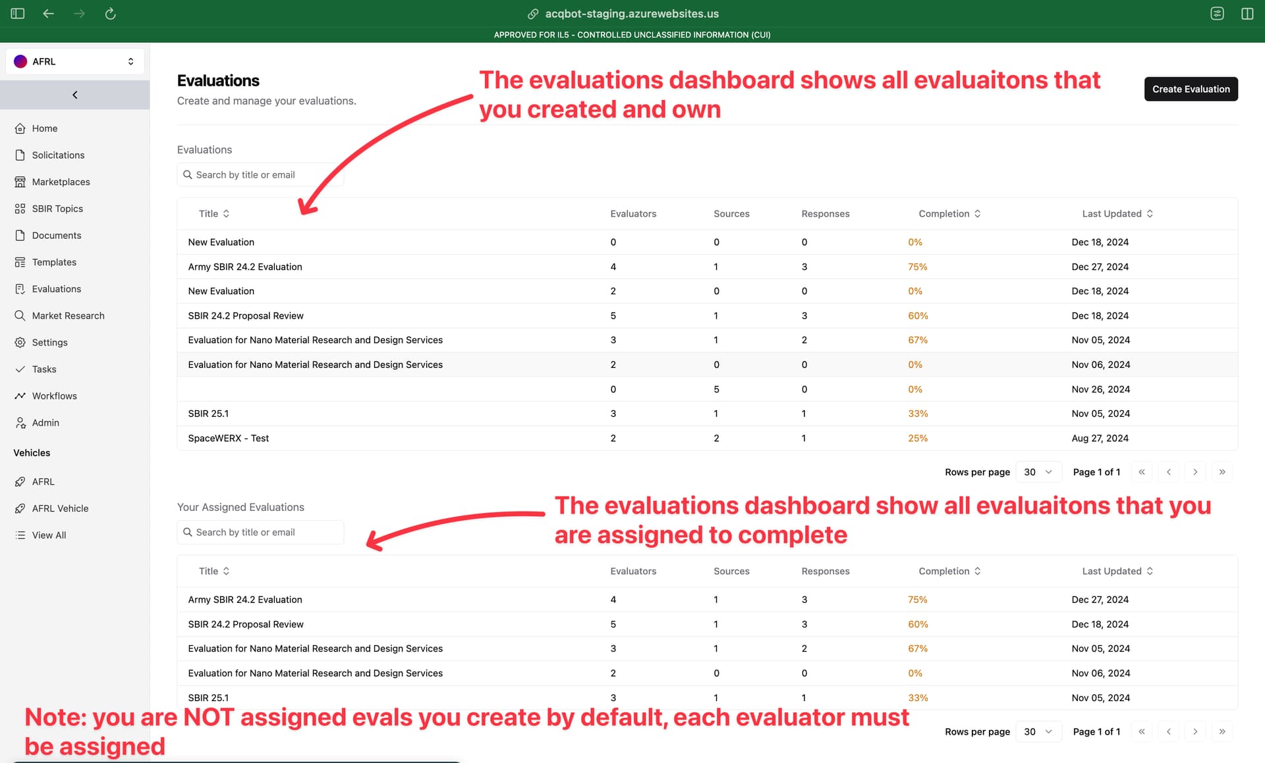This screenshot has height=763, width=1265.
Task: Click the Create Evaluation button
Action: click(x=1191, y=89)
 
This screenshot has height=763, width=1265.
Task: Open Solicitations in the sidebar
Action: click(x=58, y=155)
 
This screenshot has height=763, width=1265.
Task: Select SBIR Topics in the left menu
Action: click(x=57, y=209)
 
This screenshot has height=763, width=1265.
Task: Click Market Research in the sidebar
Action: click(x=68, y=315)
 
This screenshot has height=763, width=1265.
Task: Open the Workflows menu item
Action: click(x=54, y=396)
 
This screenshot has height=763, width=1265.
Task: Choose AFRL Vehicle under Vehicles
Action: click(x=60, y=508)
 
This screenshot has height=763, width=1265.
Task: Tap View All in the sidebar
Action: click(x=49, y=535)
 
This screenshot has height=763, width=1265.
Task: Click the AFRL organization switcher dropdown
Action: click(x=74, y=61)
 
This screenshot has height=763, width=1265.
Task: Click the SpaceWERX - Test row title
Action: click(x=228, y=438)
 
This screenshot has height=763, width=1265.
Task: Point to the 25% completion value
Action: click(x=918, y=438)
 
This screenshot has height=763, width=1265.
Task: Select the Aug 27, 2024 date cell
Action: click(x=1100, y=438)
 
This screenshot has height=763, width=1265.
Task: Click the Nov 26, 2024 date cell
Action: click(x=1100, y=389)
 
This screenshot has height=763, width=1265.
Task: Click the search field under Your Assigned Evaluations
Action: click(x=260, y=532)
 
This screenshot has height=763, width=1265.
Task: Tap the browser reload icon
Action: click(x=110, y=13)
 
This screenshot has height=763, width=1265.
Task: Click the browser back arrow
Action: click(x=48, y=13)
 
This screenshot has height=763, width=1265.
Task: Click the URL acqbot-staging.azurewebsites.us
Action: click(x=632, y=13)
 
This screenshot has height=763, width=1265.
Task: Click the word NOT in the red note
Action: click(x=208, y=717)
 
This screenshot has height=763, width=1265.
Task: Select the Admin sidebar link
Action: click(x=45, y=423)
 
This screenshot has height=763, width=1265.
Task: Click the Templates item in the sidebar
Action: click(x=54, y=262)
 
